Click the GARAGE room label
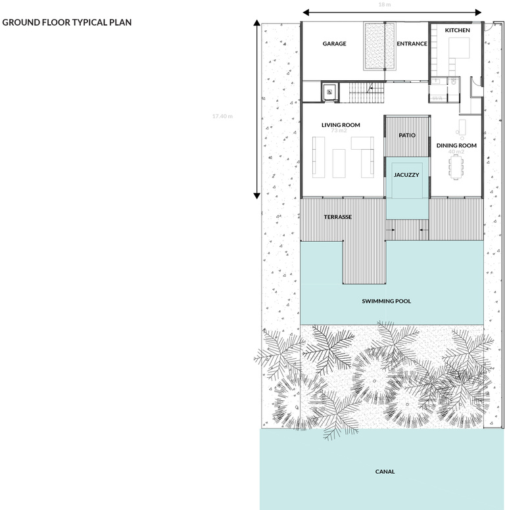click(x=334, y=44)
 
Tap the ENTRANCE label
click(x=412, y=44)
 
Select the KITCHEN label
click(x=457, y=31)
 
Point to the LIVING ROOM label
click(x=341, y=125)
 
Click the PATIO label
click(x=407, y=135)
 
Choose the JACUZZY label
click(x=406, y=175)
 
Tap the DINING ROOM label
click(x=456, y=145)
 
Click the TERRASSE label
click(x=339, y=217)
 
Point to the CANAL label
click(x=385, y=471)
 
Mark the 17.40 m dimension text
click(x=222, y=116)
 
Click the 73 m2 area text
click(x=339, y=131)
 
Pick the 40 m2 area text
click(x=456, y=152)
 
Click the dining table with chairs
click(x=456, y=168)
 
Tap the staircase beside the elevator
click(x=366, y=92)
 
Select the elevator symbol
click(x=329, y=92)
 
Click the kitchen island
click(x=458, y=49)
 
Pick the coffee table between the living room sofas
click(x=339, y=162)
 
